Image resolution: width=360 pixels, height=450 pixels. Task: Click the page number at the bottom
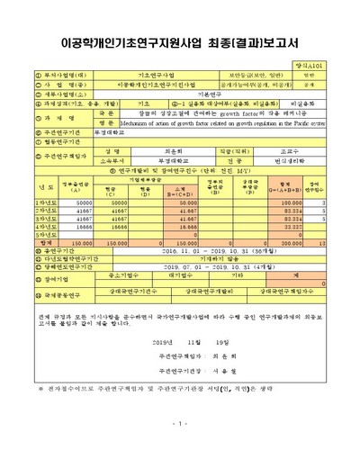click(180, 424)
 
